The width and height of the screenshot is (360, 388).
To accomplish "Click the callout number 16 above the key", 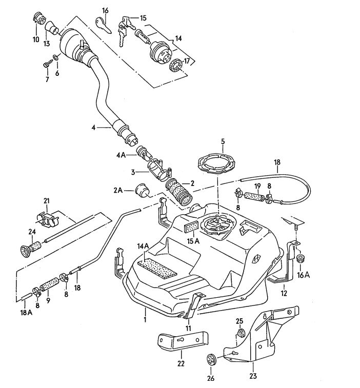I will tap(105, 10).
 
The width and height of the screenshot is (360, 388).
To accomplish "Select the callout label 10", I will tap(36, 39).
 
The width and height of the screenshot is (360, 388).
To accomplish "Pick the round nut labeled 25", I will tap(239, 335).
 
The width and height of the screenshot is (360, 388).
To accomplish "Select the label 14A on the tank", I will tap(143, 247).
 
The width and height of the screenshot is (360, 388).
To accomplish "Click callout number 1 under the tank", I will tap(145, 319).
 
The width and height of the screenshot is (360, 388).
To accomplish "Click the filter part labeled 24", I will tap(25, 250).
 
